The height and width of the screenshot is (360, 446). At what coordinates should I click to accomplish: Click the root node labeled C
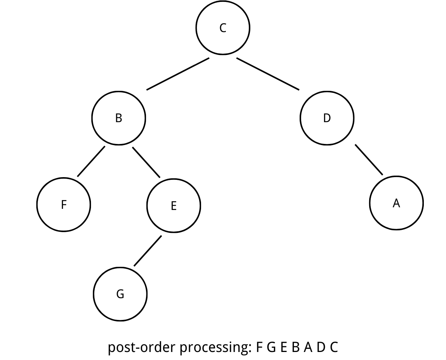pos(223,28)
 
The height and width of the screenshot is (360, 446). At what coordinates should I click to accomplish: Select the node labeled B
pos(118,118)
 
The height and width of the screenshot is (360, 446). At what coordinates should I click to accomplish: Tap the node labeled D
pos(327,118)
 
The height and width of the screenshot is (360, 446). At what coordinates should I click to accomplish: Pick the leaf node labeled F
pos(64,205)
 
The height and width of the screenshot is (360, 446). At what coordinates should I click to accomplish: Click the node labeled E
pos(174,206)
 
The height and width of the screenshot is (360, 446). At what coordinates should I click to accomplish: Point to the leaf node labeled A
pos(396,203)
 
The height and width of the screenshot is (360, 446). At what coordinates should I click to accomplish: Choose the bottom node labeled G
pos(120,294)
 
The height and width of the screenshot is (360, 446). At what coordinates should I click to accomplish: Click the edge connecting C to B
pos(178,74)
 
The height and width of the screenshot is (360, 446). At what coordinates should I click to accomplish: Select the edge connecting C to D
pos(268,74)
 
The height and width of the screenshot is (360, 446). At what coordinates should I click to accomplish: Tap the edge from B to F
pos(91,161)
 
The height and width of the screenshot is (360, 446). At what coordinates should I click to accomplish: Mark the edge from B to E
pos(146,162)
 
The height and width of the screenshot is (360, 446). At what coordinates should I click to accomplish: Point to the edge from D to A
pos(369,160)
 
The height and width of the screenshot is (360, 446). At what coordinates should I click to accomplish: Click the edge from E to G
pos(148,251)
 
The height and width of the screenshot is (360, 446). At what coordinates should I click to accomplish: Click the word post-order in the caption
pos(142,348)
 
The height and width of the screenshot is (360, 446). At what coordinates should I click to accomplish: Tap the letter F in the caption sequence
pos(260,347)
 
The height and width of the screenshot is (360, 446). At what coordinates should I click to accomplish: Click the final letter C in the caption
pos(334,347)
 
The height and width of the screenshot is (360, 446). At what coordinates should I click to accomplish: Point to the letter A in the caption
pos(308,347)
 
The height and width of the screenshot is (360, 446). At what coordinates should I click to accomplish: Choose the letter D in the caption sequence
pos(321,347)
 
